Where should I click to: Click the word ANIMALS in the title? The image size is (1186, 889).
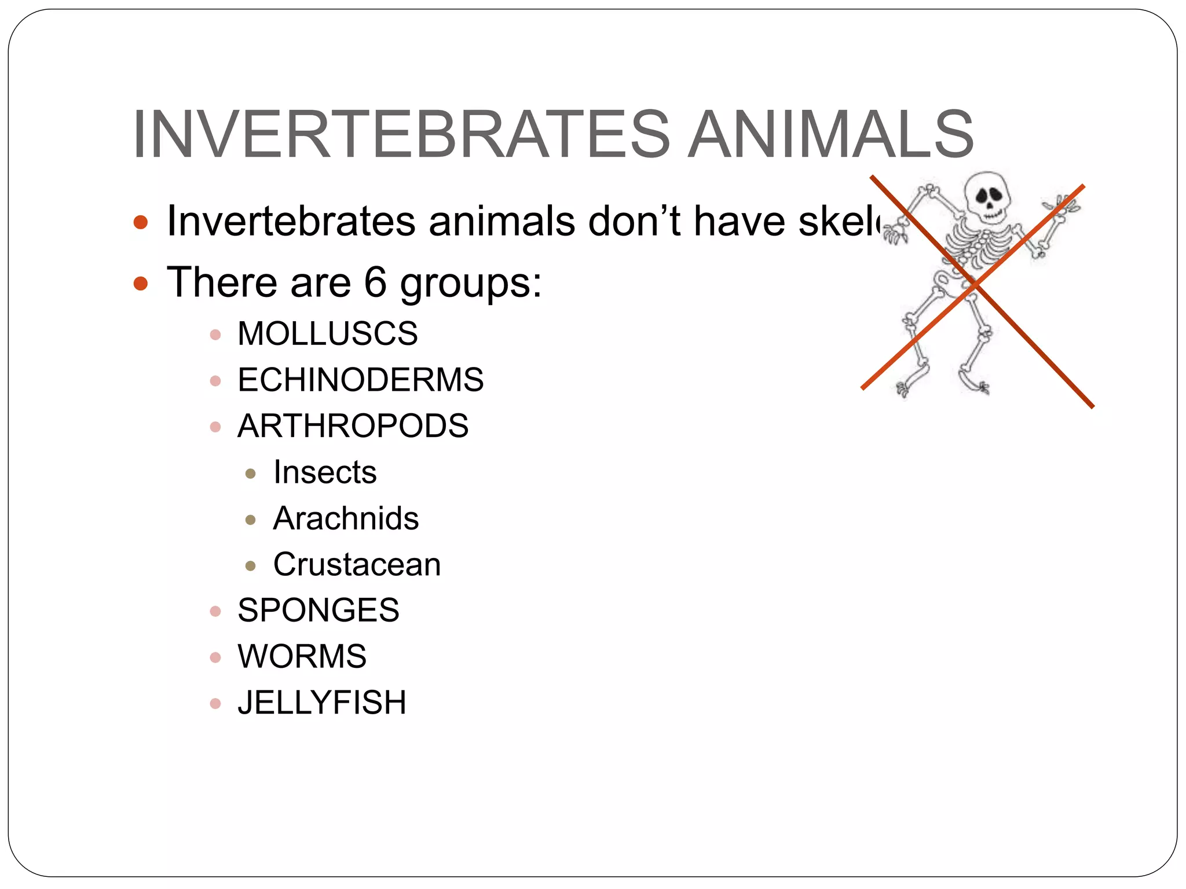point(830,135)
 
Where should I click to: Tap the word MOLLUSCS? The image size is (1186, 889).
point(327,334)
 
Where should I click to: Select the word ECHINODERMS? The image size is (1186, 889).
point(360,380)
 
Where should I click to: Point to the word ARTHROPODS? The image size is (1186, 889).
point(353,426)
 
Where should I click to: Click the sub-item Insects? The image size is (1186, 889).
point(325,472)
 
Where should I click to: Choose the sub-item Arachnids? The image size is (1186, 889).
point(346,518)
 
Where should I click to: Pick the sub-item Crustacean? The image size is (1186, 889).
point(357,564)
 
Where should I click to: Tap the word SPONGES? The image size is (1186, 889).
point(318,610)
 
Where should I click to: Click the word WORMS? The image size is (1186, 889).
point(302,656)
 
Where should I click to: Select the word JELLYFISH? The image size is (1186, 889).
point(322,703)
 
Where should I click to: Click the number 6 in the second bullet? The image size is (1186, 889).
point(375,282)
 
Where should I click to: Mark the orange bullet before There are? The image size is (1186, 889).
point(141,284)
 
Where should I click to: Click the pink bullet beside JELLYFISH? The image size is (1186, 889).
point(215,704)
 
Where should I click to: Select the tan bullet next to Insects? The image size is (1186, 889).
point(251,474)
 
